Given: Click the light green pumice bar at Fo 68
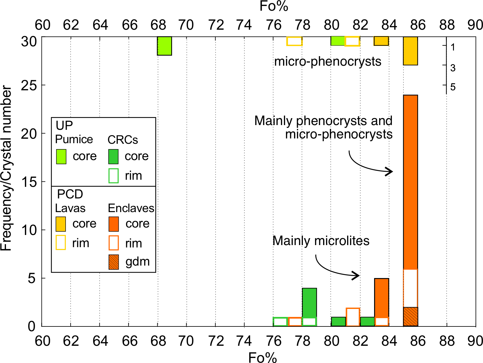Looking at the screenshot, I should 164,46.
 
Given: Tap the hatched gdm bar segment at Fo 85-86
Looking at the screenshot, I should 411,317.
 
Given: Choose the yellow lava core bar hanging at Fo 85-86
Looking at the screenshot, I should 411,51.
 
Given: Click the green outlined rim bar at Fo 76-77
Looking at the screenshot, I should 280,321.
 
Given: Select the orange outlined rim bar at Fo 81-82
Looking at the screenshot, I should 353,317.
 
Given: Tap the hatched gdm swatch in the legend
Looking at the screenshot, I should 114,262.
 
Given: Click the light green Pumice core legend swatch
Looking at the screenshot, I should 61,157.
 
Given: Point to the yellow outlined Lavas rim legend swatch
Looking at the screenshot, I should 61,242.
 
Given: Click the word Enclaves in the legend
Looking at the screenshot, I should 131,208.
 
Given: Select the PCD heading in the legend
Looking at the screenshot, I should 70,194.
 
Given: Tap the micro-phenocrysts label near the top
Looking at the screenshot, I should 328,61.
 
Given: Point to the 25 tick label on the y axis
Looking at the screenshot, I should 28,86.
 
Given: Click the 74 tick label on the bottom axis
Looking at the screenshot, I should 244,341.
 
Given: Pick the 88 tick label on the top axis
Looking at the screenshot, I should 447,25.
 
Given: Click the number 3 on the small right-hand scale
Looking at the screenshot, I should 453,68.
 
